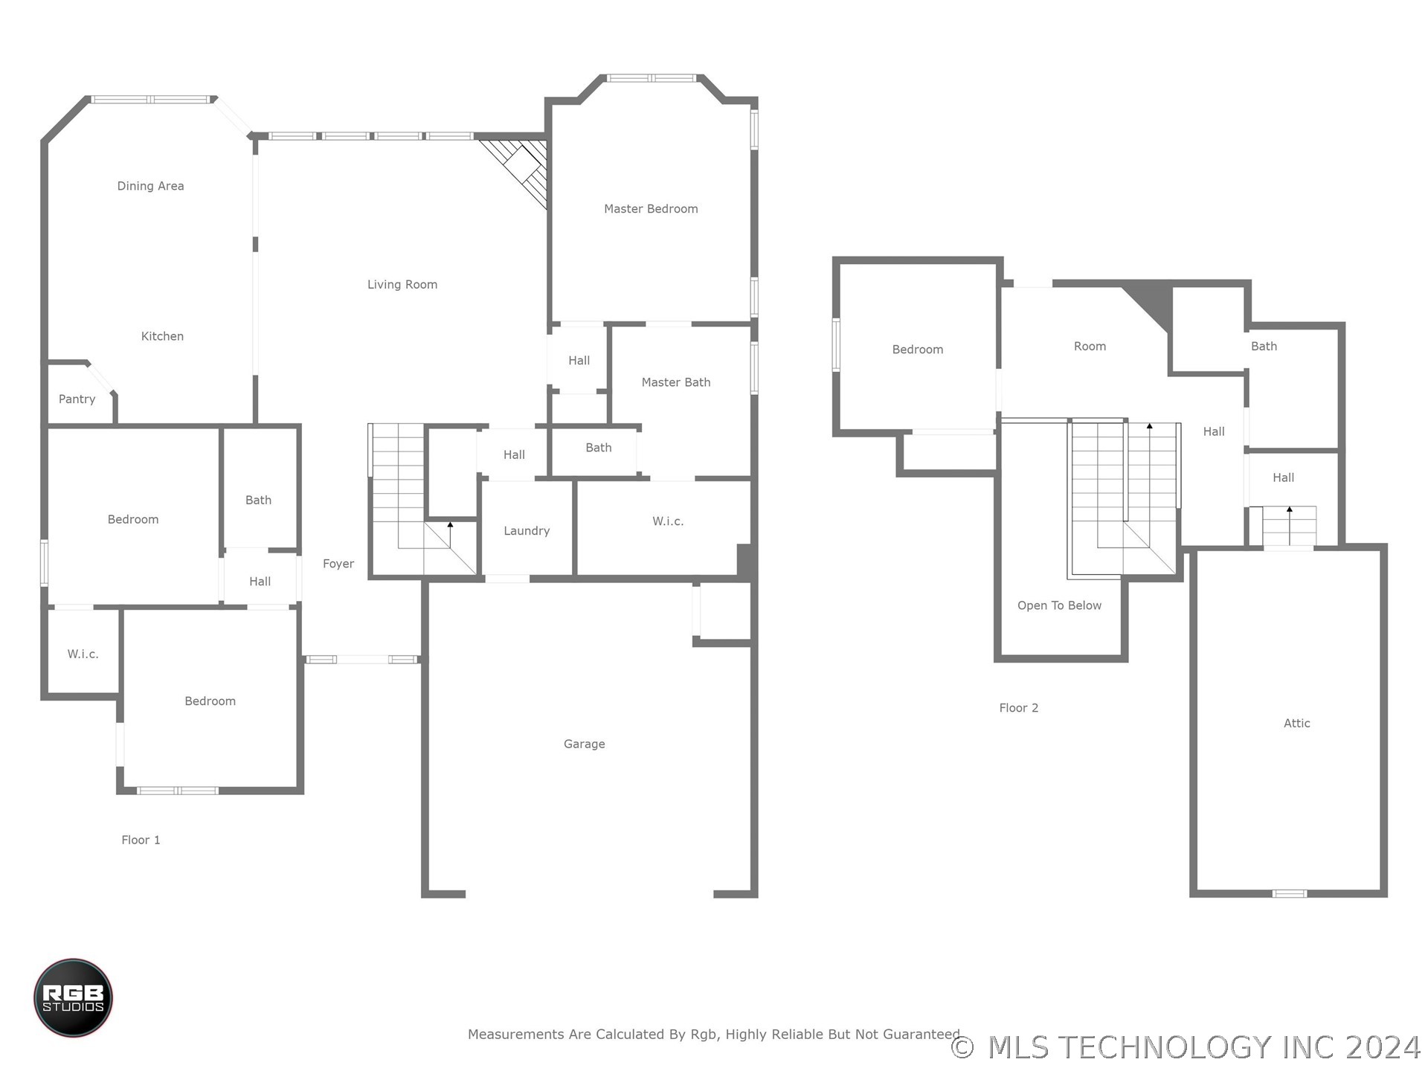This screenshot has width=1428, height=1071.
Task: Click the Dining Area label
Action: point(150,186)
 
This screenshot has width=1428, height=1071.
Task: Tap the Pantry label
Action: point(77,399)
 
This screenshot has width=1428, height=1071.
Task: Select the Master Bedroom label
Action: point(651,209)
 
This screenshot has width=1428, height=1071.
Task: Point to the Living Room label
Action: point(402,285)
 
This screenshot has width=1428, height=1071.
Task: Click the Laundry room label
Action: point(527,531)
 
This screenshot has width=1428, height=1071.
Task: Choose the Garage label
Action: point(584,744)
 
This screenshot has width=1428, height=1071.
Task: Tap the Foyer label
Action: point(338,565)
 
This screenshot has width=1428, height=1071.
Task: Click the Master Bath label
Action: point(676,382)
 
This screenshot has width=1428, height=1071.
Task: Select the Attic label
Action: point(1297,723)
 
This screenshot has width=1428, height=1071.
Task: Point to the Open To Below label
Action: point(1059,606)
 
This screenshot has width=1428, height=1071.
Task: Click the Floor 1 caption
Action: point(141,840)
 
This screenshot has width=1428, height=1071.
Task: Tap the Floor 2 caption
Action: point(1018,708)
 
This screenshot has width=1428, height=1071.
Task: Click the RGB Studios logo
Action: point(73,997)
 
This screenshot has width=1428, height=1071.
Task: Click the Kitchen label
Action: point(162,336)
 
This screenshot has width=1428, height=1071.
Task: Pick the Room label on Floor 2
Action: point(1090,347)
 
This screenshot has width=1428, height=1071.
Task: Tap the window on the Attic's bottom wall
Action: point(1290,893)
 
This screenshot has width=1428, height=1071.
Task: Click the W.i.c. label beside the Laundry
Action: point(668,521)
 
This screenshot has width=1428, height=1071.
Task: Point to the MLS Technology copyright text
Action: point(1186,1047)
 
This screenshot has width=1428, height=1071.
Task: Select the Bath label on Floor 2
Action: point(1264,347)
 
